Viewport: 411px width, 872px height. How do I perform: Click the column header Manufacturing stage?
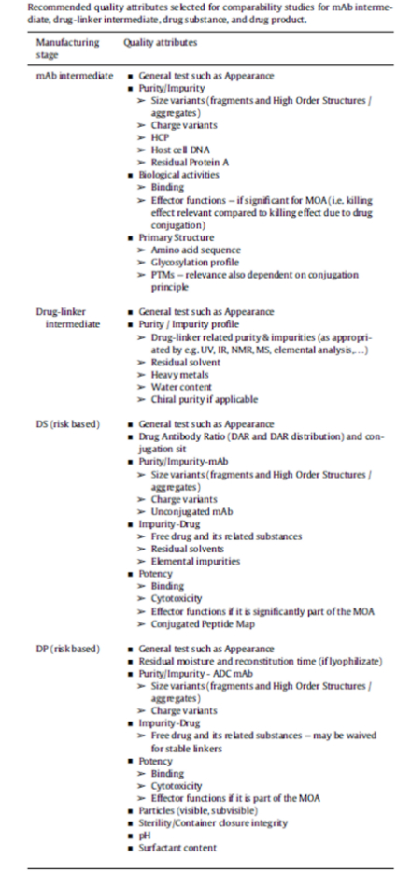(63, 50)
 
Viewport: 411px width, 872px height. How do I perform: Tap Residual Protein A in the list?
(182, 159)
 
